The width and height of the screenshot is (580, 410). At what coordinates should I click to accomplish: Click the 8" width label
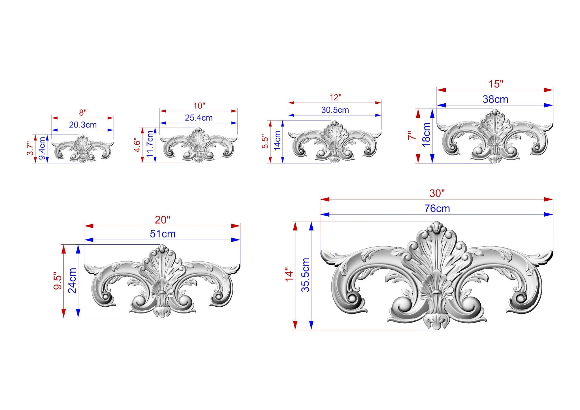[83, 113]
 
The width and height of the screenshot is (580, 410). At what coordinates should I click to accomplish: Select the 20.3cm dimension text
[83, 125]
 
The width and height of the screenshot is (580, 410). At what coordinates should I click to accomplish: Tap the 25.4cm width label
[199, 118]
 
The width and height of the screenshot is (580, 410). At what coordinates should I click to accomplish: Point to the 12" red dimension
[335, 98]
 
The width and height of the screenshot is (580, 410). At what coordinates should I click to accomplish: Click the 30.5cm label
[335, 110]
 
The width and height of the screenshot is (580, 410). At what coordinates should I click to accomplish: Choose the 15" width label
[496, 84]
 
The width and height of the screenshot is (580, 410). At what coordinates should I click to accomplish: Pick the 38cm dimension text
[495, 99]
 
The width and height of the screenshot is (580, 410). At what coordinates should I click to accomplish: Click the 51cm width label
[163, 234]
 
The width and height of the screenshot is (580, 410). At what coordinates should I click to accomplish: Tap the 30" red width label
[437, 193]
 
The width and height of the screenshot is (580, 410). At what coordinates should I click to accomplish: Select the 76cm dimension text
[437, 209]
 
